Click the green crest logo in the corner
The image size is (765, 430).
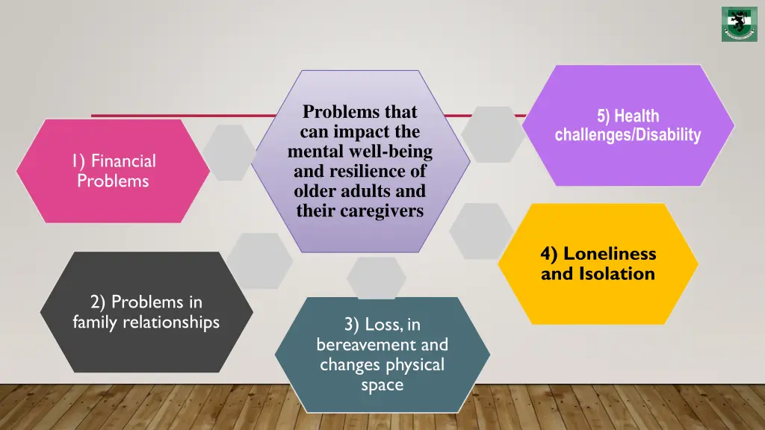click(739, 24)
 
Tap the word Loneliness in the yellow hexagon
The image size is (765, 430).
click(610, 254)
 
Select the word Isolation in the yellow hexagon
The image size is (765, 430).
click(617, 274)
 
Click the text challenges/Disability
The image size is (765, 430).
click(628, 135)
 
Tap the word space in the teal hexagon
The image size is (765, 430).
click(382, 385)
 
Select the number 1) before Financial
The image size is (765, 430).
click(78, 161)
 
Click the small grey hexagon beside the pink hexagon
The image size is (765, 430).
click(229, 152)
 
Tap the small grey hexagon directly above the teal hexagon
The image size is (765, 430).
click(377, 278)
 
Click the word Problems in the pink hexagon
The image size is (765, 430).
click(113, 181)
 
